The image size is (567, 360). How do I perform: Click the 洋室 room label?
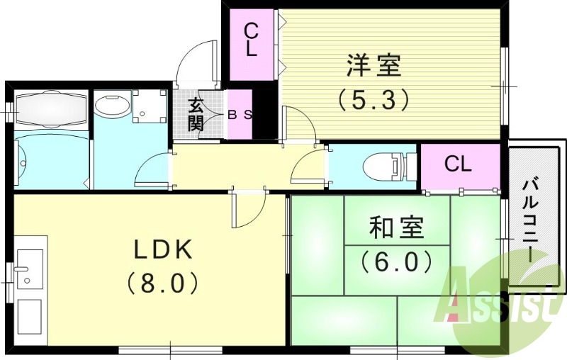[374, 66]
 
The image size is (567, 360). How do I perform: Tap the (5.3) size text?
[373, 100]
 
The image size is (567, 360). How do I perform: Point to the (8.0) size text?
[162, 284]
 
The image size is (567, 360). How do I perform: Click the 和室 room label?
[396, 228]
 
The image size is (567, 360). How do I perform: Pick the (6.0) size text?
[396, 262]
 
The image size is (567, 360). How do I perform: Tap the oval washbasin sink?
[112, 108]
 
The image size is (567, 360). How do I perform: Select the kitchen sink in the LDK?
[30, 268]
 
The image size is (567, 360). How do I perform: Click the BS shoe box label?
[240, 114]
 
